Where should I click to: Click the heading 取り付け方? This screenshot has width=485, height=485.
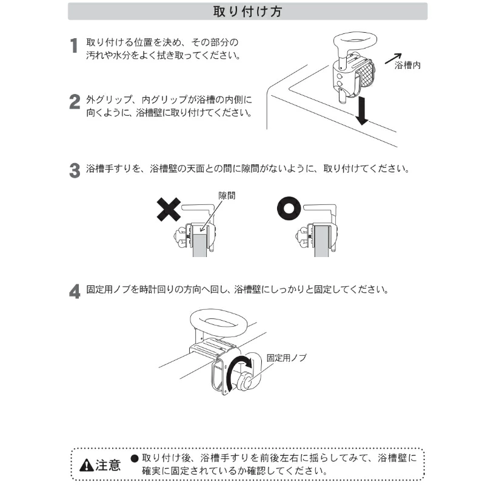(247, 12)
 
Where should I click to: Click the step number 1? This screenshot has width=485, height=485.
(73, 46)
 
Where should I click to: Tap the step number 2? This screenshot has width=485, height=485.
(75, 102)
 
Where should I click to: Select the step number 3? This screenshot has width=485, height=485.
(75, 171)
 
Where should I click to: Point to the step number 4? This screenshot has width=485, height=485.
(75, 292)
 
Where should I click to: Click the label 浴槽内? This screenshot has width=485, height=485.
(407, 65)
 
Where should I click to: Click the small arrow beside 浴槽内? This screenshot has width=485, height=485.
(393, 58)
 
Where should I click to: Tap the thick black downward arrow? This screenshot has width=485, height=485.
(361, 110)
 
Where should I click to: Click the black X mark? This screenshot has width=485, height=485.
(169, 209)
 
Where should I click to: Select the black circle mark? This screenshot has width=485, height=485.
(289, 209)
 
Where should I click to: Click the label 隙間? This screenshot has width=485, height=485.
(227, 195)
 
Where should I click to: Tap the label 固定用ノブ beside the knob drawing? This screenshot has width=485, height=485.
(286, 358)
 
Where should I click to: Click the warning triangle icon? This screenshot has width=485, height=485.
(86, 465)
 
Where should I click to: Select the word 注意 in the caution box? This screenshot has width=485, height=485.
(108, 465)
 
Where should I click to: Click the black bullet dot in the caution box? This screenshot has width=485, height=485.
(134, 458)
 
